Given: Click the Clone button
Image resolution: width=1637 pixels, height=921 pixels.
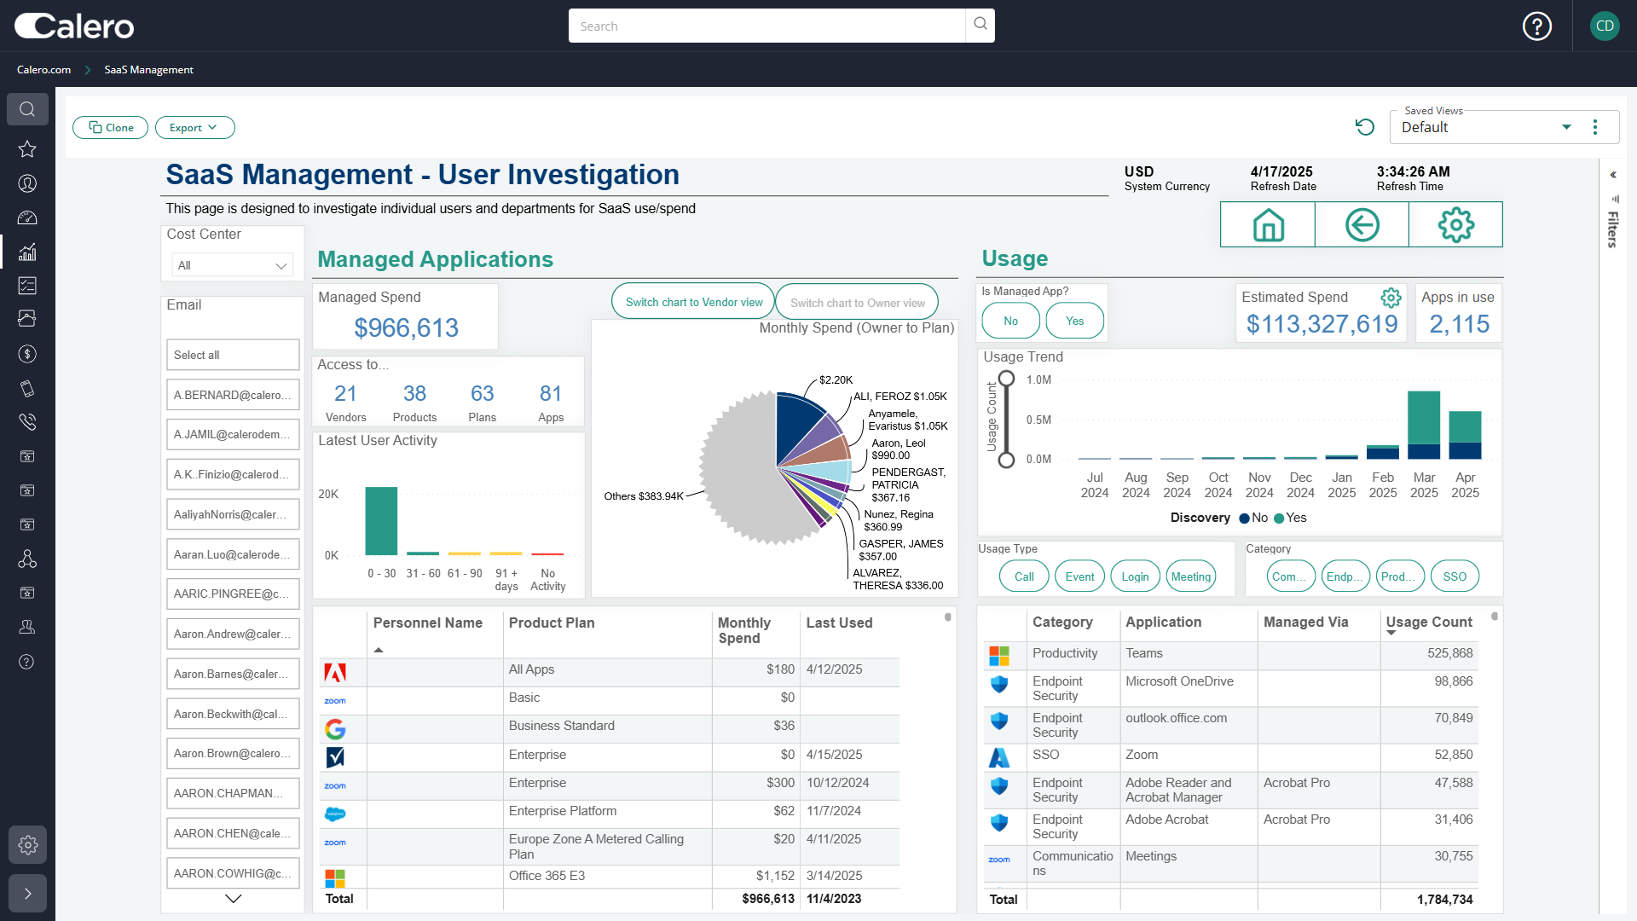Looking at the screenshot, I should pyautogui.click(x=111, y=128).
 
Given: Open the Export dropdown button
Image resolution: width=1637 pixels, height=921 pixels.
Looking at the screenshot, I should pyautogui.click(x=194, y=128).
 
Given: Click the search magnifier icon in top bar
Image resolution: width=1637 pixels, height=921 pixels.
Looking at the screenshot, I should pyautogui.click(x=980, y=25).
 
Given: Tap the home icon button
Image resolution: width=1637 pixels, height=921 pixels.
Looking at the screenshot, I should pyautogui.click(x=1268, y=225).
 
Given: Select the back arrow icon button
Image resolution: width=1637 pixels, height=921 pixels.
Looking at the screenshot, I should pyautogui.click(x=1362, y=225).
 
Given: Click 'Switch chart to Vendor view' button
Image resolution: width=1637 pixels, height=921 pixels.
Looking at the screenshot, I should pyautogui.click(x=693, y=302).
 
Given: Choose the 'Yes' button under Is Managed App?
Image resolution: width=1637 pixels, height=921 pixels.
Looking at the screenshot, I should pyautogui.click(x=1074, y=321).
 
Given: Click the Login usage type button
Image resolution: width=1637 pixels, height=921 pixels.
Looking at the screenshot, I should pyautogui.click(x=1135, y=576).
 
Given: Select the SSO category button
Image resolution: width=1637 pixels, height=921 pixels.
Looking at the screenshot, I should pyautogui.click(x=1455, y=576).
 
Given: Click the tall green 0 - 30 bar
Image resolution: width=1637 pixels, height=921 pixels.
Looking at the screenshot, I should pyautogui.click(x=381, y=520).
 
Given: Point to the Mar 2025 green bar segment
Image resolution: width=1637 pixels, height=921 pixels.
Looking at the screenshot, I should pyautogui.click(x=1423, y=417).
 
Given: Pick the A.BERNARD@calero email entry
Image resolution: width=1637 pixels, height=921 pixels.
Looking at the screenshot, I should pyautogui.click(x=233, y=395).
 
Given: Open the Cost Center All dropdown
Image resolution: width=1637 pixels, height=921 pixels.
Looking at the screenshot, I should pyautogui.click(x=232, y=265).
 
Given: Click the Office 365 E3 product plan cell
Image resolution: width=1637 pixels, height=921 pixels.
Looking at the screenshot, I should pyautogui.click(x=547, y=876).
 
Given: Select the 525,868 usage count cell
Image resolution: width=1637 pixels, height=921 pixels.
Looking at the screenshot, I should pyautogui.click(x=1449, y=653).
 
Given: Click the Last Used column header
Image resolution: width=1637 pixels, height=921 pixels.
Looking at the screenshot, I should pyautogui.click(x=839, y=623).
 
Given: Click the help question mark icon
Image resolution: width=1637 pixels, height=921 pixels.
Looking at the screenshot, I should pyautogui.click(x=1537, y=26).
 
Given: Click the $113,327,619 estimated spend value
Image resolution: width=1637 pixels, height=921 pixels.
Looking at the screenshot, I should pyautogui.click(x=1322, y=324).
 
